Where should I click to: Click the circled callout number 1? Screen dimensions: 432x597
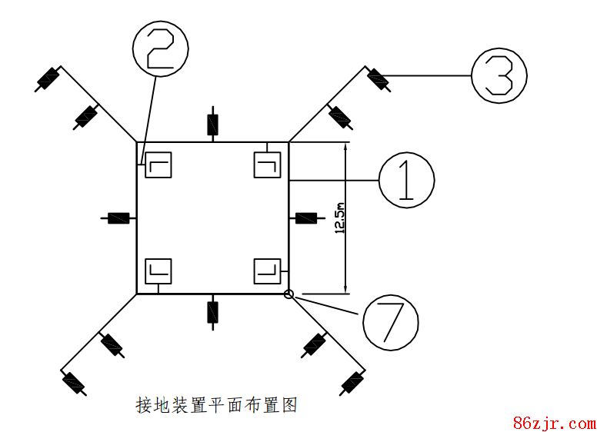pyautogui.click(x=406, y=179)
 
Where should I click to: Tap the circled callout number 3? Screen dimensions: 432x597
pyautogui.click(x=499, y=75)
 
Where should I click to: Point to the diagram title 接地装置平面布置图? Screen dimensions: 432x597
pyautogui.click(x=215, y=405)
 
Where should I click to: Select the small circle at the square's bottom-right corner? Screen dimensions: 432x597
pyautogui.click(x=289, y=294)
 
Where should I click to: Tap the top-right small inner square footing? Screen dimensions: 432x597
pyautogui.click(x=266, y=165)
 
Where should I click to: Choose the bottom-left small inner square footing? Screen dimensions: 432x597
pyautogui.click(x=158, y=271)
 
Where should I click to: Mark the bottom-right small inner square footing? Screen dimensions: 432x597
pyautogui.click(x=266, y=271)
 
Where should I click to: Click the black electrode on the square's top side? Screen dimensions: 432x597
pyautogui.click(x=212, y=124)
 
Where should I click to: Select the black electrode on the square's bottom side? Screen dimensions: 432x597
pyautogui.click(x=212, y=311)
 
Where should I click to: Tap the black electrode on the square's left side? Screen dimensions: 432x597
pyautogui.click(x=118, y=218)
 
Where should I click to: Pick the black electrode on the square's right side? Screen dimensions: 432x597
pyautogui.click(x=306, y=218)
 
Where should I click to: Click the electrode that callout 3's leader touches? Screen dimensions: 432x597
pyautogui.click(x=379, y=78)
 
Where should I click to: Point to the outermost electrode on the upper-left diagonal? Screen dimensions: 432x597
pyautogui.click(x=49, y=78)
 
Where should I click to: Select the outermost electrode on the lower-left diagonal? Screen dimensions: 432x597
pyautogui.click(x=73, y=381)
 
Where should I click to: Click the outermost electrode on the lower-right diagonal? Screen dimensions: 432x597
pyautogui.click(x=352, y=381)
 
